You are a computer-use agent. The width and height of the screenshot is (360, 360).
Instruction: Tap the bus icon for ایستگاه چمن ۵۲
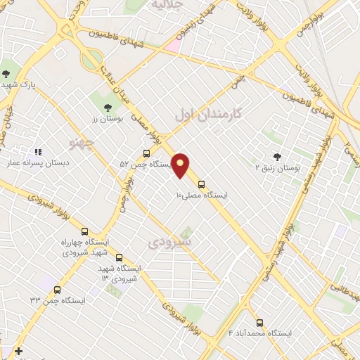(146, 153)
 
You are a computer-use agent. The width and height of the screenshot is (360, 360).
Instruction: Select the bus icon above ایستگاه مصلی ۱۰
(202, 184)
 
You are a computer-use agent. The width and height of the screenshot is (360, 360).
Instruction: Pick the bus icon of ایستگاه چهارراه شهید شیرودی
(85, 231)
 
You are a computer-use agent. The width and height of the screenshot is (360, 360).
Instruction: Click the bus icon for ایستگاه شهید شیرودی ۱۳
(119, 258)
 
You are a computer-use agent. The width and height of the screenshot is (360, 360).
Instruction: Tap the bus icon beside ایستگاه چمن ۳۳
(57, 290)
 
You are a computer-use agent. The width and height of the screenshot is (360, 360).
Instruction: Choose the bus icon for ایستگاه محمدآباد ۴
(259, 323)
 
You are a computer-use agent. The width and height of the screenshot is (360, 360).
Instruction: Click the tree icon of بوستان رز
(107, 108)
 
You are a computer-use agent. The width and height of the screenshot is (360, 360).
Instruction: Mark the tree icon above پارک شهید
(6, 74)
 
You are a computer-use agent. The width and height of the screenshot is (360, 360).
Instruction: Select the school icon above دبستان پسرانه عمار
(38, 151)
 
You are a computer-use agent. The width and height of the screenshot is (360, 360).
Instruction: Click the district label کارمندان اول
(207, 113)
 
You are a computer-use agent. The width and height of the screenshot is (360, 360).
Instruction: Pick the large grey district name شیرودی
(170, 243)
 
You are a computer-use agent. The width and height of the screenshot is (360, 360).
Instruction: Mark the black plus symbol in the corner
(18, 351)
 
